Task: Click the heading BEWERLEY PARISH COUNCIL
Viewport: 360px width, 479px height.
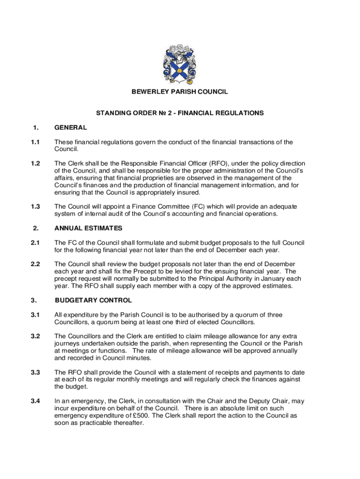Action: coord(180,92)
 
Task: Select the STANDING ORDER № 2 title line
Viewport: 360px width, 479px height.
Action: coord(180,113)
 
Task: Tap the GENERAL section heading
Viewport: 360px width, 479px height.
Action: coord(71,127)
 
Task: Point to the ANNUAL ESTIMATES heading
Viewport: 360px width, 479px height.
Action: coord(88,228)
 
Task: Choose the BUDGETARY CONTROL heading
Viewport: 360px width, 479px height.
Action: coord(93,300)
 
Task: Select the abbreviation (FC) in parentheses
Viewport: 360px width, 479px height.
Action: coord(189,207)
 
